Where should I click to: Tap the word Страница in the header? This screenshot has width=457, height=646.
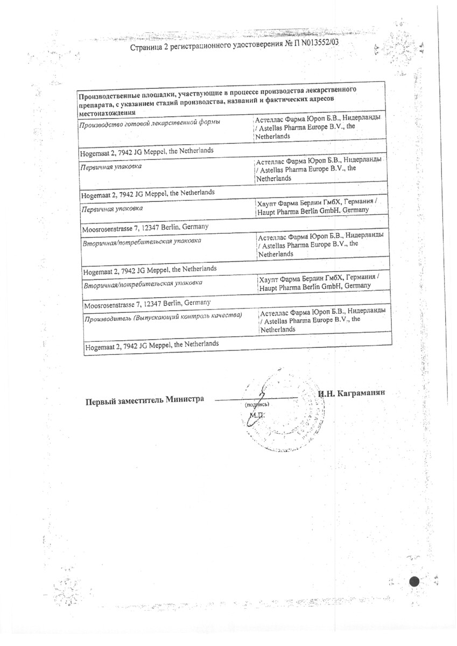click(x=147, y=48)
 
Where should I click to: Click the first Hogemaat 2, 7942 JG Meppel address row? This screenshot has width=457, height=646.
click(x=146, y=152)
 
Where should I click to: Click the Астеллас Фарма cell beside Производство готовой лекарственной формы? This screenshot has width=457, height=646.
click(x=319, y=127)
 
